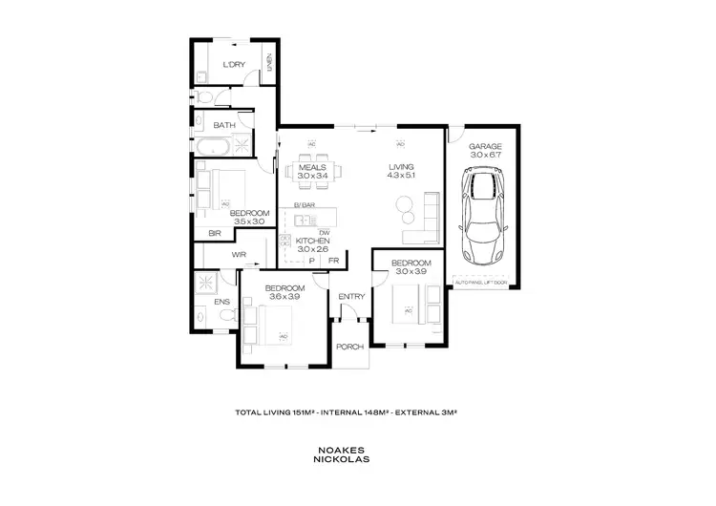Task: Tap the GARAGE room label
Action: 485,146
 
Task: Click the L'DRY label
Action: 234,65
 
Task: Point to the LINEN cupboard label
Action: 270,64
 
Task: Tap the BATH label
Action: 224,125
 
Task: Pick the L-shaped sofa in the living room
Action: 424,221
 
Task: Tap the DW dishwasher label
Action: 325,232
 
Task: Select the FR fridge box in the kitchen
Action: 333,261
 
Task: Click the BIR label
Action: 214,232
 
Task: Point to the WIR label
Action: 239,255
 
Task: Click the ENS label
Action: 221,303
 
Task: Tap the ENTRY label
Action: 351,297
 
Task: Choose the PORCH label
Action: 350,346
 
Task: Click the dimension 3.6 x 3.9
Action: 284,298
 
